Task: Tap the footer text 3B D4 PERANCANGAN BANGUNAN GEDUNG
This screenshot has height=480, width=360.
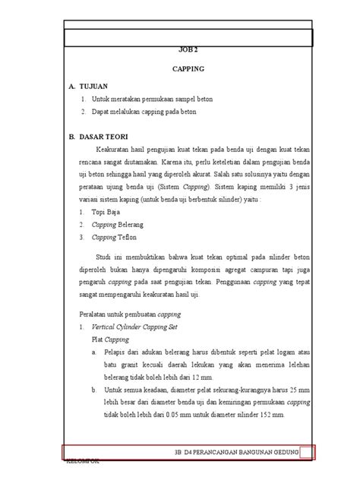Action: tap(235, 453)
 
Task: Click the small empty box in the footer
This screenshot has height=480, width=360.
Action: tap(306, 453)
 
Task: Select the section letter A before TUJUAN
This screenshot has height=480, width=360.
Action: tap(71, 87)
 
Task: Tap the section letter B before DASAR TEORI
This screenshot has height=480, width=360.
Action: tap(71, 137)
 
